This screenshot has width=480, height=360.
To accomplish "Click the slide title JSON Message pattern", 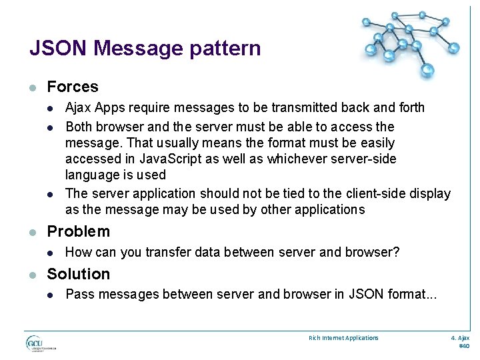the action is [x=145, y=49].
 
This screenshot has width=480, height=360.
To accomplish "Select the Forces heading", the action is [x=73, y=87].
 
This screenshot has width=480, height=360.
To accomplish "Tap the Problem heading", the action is [x=78, y=231].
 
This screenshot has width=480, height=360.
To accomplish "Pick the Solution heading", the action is [x=78, y=274].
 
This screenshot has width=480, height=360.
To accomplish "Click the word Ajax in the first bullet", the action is [x=77, y=108].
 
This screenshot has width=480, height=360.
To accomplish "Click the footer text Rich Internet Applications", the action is [x=343, y=338].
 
